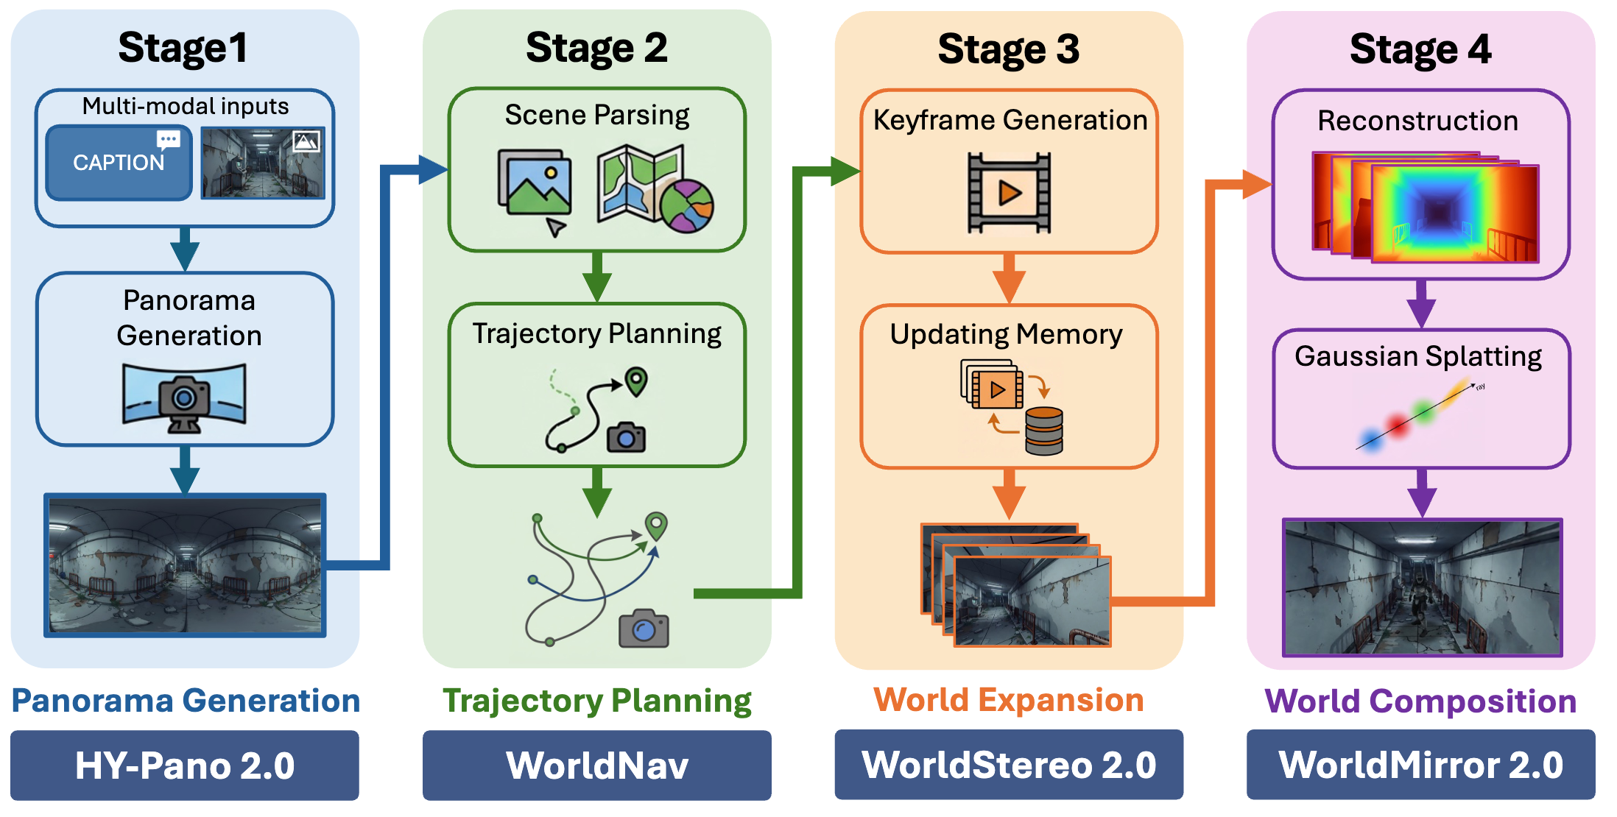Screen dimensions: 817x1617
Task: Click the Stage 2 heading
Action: click(596, 49)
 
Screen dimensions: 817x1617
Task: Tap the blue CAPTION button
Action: click(119, 163)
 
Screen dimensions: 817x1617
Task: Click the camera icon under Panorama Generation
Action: click(184, 398)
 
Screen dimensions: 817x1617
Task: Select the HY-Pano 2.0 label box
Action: click(184, 765)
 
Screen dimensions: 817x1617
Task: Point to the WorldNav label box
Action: click(596, 765)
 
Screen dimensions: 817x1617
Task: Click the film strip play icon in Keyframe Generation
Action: click(1009, 194)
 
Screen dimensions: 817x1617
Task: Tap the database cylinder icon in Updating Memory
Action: click(1043, 431)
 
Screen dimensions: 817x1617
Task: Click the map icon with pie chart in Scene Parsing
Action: click(654, 189)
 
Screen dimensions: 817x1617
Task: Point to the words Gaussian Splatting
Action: click(1418, 356)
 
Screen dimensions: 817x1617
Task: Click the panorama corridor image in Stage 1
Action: click(185, 565)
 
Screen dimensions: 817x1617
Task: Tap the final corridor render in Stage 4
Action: click(1422, 587)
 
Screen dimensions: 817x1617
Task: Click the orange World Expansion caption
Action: click(1008, 700)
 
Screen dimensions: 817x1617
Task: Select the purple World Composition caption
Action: click(1420, 701)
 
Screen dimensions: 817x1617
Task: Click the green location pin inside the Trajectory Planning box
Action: click(636, 381)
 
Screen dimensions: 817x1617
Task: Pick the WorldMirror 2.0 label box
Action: click(1420, 765)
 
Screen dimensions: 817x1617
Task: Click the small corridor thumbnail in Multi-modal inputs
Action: click(263, 163)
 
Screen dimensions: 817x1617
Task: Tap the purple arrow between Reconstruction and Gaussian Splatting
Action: click(1421, 303)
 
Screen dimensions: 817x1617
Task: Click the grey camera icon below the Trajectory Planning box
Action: click(644, 629)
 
